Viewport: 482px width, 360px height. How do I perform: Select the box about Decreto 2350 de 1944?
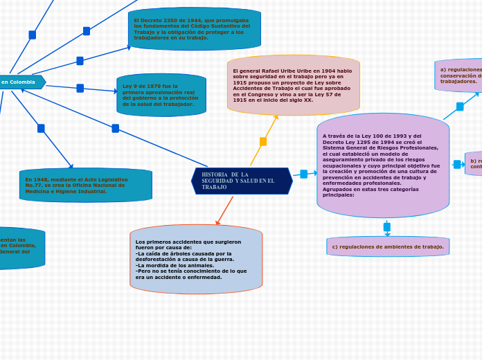coord(194,29)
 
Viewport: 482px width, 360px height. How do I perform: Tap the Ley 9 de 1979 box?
coord(161,95)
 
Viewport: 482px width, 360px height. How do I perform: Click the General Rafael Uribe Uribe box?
coord(293,85)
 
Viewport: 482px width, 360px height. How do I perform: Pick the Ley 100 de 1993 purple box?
coord(383,165)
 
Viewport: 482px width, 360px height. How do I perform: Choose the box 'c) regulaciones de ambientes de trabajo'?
coord(388,246)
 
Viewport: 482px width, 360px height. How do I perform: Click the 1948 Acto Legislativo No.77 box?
coord(85,185)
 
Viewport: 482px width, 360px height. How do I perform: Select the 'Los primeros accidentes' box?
coord(196,259)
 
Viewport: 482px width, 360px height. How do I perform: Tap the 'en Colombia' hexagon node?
coord(21,82)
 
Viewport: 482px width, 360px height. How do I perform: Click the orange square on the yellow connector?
coord(263,141)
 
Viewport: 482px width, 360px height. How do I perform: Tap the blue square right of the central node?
coord(303,174)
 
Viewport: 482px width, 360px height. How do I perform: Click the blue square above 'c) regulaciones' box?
coord(387,227)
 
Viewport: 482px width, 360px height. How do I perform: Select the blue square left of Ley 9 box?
coord(80,88)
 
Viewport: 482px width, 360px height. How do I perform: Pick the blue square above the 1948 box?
coord(41,128)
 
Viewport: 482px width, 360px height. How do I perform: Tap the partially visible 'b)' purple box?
coord(474,163)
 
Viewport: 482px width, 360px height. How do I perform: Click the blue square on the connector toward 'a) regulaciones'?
coord(460,107)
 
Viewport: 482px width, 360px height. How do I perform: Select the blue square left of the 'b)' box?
coord(457,164)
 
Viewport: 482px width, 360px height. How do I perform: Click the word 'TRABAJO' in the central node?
coord(214,188)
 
